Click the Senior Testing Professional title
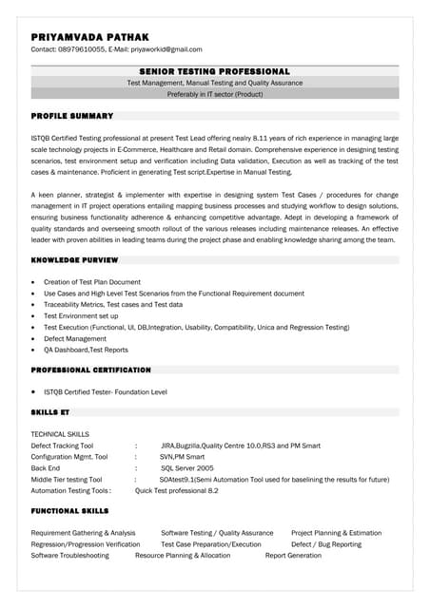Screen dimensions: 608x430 (214, 71)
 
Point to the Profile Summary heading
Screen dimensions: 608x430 (72, 116)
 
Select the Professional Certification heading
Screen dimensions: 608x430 (90, 370)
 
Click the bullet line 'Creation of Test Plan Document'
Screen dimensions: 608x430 (91, 282)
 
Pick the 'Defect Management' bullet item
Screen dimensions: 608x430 (75, 338)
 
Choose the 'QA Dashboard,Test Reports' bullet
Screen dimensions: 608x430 (86, 350)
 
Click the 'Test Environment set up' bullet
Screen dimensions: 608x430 (81, 315)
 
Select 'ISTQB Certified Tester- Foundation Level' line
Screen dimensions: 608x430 (106, 391)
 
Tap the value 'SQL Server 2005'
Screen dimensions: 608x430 (186, 468)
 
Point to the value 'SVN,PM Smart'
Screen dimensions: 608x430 (180, 456)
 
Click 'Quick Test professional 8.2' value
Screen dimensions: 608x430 (177, 491)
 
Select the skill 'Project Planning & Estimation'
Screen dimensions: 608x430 (336, 533)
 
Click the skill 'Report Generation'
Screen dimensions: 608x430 (293, 556)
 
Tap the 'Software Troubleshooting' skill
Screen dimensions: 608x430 (69, 556)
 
